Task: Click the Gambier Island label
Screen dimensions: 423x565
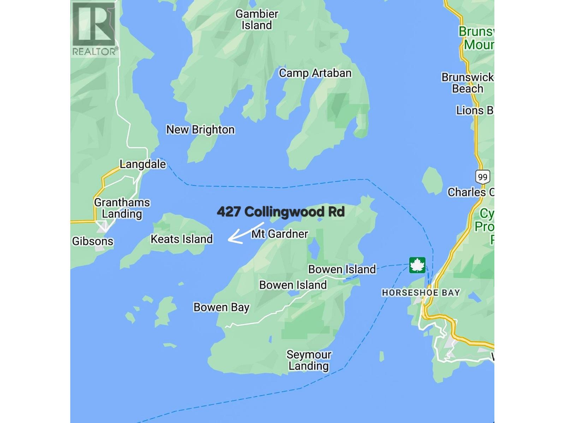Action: (x=257, y=20)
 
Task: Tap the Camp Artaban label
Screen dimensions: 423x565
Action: (x=315, y=73)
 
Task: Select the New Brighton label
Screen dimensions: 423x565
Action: (x=200, y=130)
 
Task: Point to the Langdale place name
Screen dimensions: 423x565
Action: (x=143, y=164)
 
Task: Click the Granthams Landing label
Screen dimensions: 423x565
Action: (x=122, y=208)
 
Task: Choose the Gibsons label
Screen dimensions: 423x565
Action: (x=93, y=241)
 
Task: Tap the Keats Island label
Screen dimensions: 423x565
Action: (x=182, y=239)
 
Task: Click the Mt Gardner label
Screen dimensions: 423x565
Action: (x=280, y=234)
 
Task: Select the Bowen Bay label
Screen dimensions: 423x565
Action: (x=221, y=307)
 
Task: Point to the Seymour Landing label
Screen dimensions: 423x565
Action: (x=309, y=360)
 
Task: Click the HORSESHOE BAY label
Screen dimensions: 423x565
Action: (x=421, y=293)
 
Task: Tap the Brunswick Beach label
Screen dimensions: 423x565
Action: (x=468, y=83)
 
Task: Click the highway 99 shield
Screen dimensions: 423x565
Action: (x=482, y=177)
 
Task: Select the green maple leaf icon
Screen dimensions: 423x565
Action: (x=417, y=265)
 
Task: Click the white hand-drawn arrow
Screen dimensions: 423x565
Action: (x=245, y=233)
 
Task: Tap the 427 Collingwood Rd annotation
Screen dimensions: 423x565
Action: (x=281, y=212)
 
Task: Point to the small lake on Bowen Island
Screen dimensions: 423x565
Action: (x=314, y=250)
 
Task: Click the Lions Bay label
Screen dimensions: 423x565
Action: (x=475, y=111)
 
